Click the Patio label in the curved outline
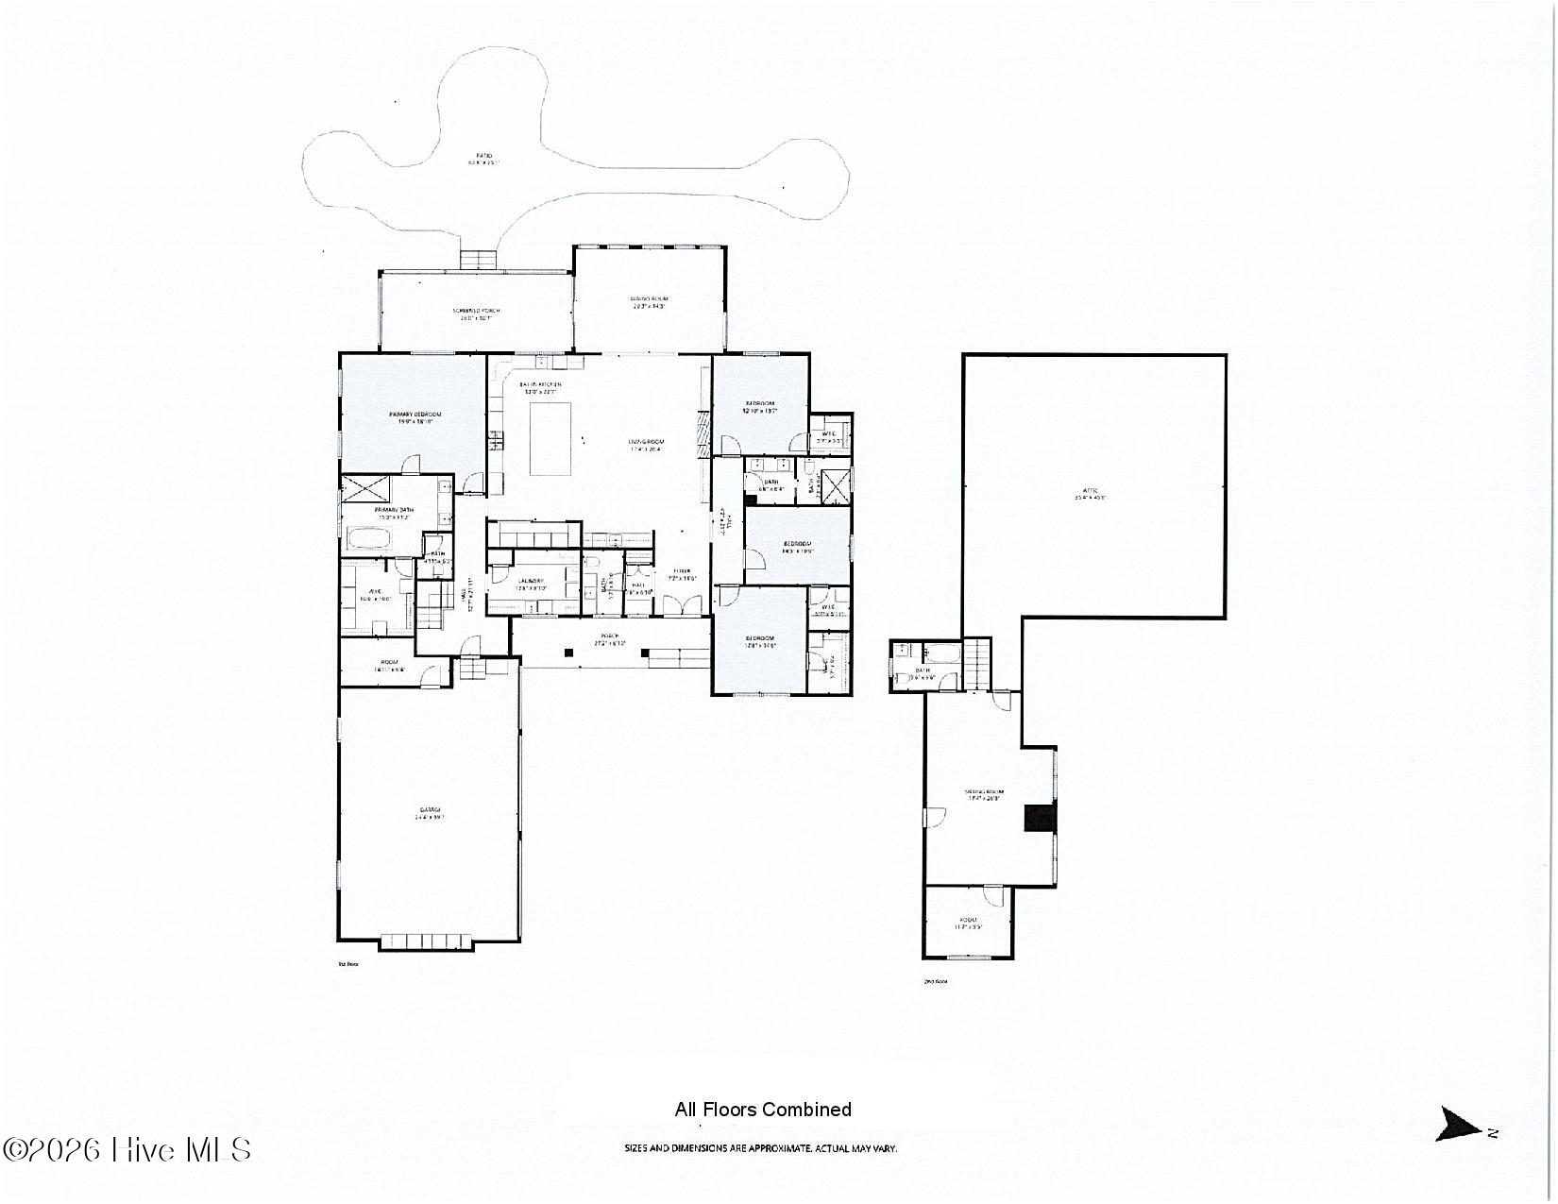click(483, 159)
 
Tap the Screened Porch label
click(476, 314)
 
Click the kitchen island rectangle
click(551, 438)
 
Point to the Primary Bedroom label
click(415, 417)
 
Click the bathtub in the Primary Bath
click(370, 541)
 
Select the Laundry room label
click(530, 584)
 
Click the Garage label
click(429, 813)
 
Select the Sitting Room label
click(983, 794)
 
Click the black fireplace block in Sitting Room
click(1040, 817)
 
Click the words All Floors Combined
click(762, 1110)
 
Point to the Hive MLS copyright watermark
click(127, 1149)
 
